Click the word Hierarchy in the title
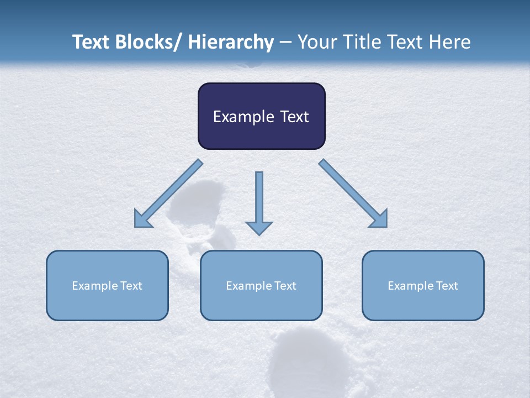231,42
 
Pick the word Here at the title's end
449,42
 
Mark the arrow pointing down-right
354,194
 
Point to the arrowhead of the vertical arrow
259,228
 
